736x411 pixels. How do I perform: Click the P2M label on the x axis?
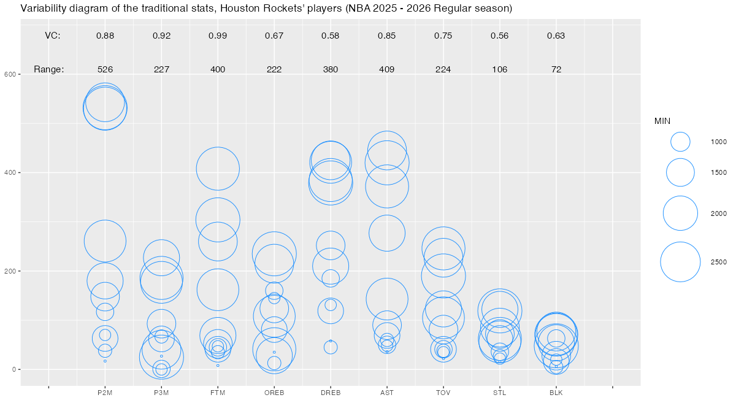click(105, 393)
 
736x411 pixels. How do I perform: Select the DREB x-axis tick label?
click(331, 393)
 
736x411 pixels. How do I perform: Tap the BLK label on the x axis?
click(556, 393)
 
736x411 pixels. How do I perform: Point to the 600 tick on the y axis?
click(10, 74)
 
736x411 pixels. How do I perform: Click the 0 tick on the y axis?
click(15, 369)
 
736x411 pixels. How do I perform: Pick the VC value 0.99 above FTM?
click(218, 36)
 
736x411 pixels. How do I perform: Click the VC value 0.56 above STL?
click(500, 36)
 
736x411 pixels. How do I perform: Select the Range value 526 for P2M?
click(105, 69)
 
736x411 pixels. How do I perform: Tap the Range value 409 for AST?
click(387, 69)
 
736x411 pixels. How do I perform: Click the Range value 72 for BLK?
click(556, 69)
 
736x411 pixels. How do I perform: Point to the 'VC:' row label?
click(53, 36)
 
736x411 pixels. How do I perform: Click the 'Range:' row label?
click(49, 69)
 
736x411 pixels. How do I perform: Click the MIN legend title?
click(662, 121)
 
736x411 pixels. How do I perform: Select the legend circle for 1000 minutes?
click(680, 142)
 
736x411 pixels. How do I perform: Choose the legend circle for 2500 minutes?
click(680, 262)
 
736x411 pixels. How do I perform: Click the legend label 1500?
click(719, 172)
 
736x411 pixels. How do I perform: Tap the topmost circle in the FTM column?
click(218, 169)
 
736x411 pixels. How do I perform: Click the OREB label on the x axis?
click(274, 393)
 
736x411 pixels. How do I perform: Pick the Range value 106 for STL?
click(500, 69)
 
